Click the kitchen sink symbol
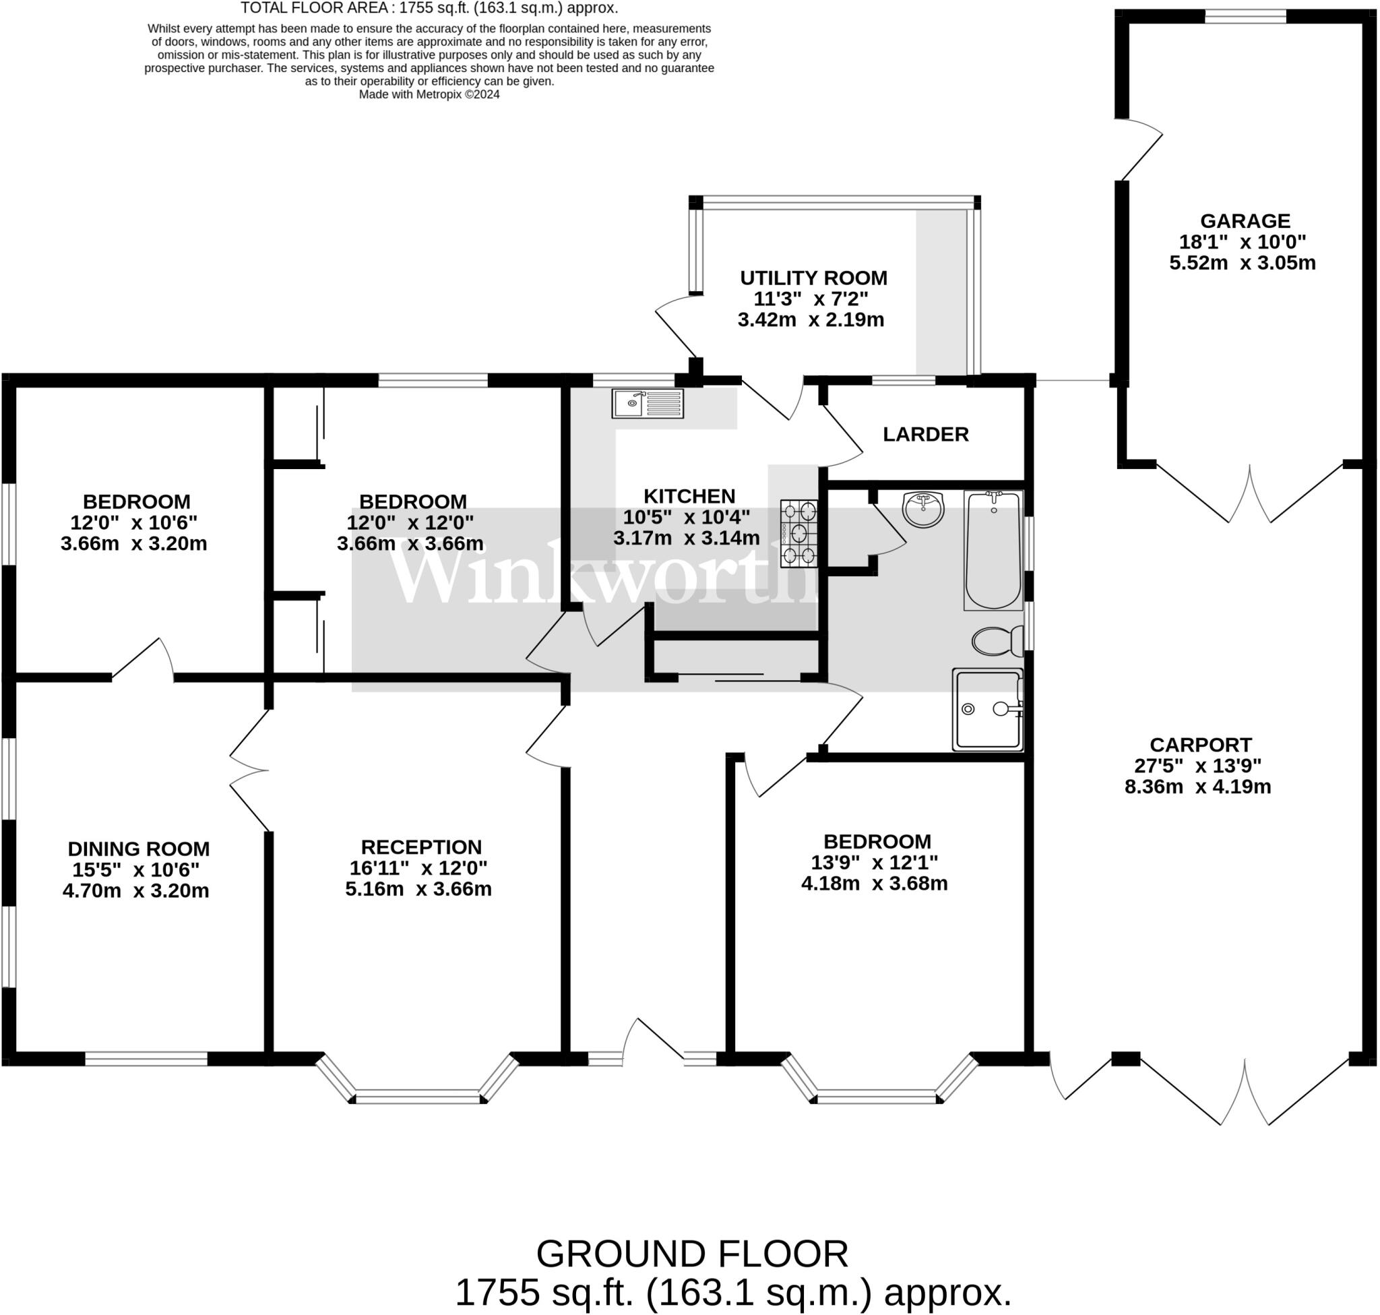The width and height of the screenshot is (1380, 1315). (647, 404)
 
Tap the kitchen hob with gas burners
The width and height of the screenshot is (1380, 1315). (800, 532)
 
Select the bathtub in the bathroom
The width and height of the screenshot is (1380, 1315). (993, 550)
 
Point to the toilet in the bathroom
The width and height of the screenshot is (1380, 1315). (997, 640)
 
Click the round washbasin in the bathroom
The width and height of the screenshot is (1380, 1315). (923, 509)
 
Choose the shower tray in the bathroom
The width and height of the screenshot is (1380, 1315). (986, 709)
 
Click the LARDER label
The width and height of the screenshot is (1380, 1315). (925, 435)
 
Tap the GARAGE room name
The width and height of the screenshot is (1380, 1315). (1245, 221)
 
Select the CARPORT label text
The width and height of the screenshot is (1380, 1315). (1200, 744)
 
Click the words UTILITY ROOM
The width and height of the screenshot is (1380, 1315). (813, 278)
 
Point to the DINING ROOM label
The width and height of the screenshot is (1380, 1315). (138, 849)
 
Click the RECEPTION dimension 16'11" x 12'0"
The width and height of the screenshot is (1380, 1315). (418, 867)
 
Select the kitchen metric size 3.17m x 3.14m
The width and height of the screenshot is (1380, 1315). (686, 539)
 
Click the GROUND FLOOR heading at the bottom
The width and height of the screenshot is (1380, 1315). (692, 1254)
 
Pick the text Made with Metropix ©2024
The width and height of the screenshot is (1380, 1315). (429, 94)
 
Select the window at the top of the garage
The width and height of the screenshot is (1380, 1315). (1245, 17)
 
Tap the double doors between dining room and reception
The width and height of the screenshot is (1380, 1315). (249, 770)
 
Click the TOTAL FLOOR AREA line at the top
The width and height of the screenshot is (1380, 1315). (429, 8)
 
